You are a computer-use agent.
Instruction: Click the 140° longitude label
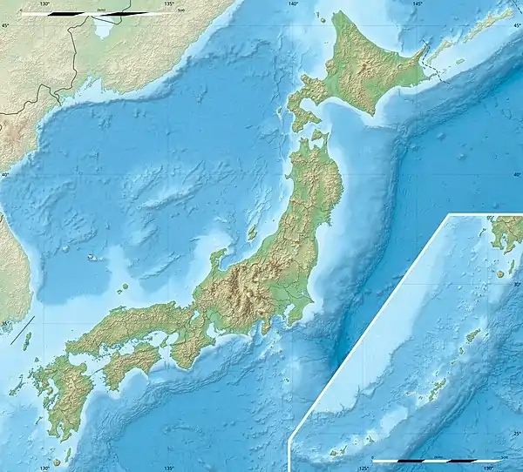(x=293, y=4)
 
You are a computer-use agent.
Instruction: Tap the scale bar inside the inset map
(x=436, y=460)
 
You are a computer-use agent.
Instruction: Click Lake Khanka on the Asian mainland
(x=104, y=29)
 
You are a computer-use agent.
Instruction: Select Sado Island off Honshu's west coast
(x=254, y=233)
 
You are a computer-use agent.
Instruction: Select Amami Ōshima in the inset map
(x=472, y=335)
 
